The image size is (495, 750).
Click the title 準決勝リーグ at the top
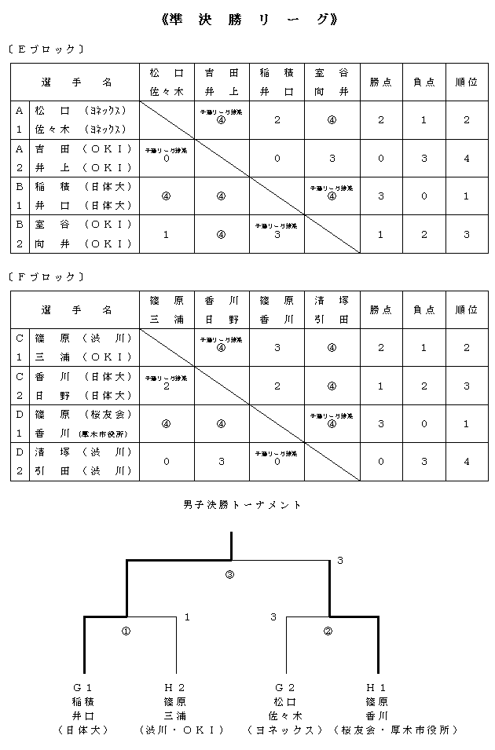(249, 20)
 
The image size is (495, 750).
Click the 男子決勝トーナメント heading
(242, 504)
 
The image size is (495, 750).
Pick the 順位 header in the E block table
(466, 82)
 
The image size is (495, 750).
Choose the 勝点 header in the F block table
(381, 309)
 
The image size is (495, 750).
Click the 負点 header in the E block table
(423, 82)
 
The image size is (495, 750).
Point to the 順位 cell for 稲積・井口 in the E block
(466, 196)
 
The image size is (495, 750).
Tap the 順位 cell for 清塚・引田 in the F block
(466, 462)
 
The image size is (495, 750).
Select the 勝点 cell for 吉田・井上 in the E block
(381, 158)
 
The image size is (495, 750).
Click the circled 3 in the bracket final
(229, 575)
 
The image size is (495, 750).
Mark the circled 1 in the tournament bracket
(126, 631)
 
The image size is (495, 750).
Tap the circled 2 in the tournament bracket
(328, 631)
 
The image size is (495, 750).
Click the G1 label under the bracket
(84, 687)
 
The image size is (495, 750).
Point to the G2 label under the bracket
(285, 687)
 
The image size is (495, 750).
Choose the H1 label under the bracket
(376, 687)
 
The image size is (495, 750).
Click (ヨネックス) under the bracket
(285, 730)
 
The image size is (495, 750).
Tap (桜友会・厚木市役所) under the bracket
(395, 730)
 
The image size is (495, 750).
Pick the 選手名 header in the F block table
(75, 309)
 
